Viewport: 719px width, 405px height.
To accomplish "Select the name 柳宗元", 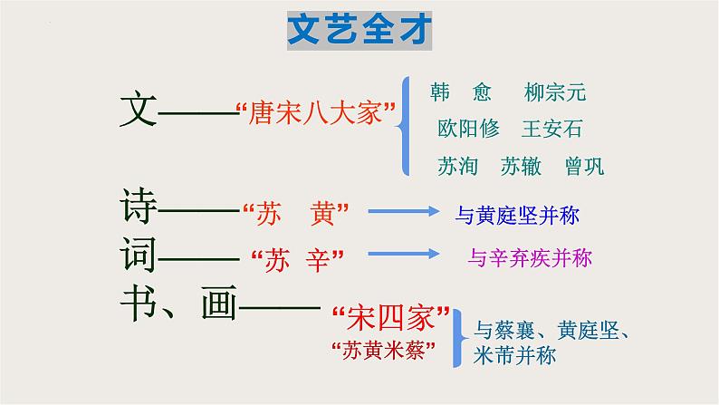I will pyautogui.click(x=555, y=92).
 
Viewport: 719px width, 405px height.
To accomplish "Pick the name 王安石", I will pyautogui.click(x=552, y=129).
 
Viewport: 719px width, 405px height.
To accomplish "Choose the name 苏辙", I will pyautogui.click(x=520, y=166).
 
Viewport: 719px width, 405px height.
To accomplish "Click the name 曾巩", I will pyautogui.click(x=583, y=166).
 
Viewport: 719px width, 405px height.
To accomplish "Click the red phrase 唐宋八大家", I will pyautogui.click(x=316, y=117).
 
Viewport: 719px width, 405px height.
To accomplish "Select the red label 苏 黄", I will pyautogui.click(x=297, y=215).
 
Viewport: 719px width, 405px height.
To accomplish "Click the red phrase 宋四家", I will pyautogui.click(x=391, y=320).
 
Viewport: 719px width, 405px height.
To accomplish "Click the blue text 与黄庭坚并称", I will pyautogui.click(x=517, y=216).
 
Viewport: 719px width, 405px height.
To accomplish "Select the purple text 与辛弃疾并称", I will pyautogui.click(x=530, y=258).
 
